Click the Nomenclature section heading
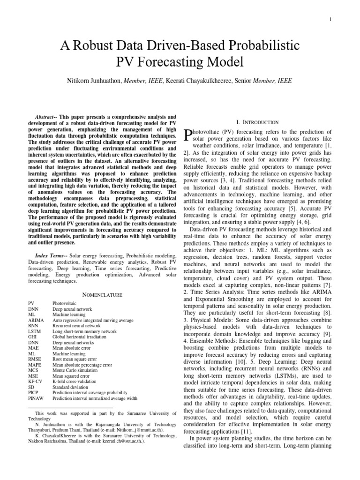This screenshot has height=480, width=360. coord(103,295)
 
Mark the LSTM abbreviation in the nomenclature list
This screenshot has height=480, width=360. coord(35,331)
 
